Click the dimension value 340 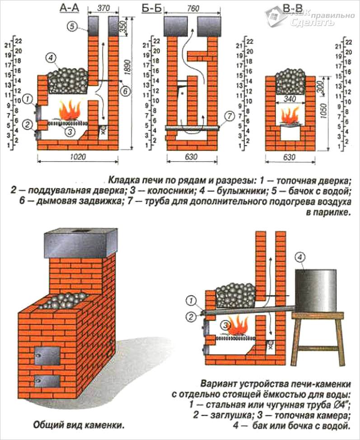[288, 98]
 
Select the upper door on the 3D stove [47, 355]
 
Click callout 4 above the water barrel [299, 258]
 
